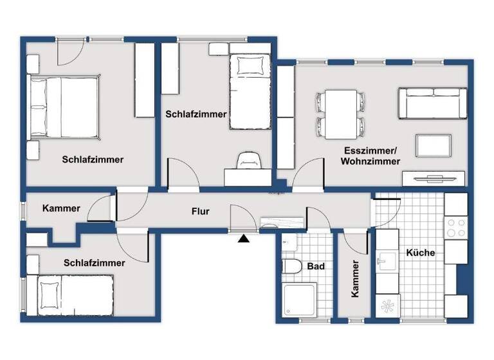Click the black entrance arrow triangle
(x=244, y=239)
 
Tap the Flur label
(x=201, y=211)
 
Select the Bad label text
(x=315, y=265)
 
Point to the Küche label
(x=421, y=253)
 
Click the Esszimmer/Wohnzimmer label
(x=370, y=156)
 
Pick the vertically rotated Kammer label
(x=354, y=279)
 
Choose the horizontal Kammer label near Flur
(x=61, y=208)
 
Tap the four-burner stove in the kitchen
(x=456, y=227)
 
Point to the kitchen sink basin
(x=387, y=261)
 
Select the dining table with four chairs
(x=340, y=114)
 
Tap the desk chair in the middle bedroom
(x=249, y=161)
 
